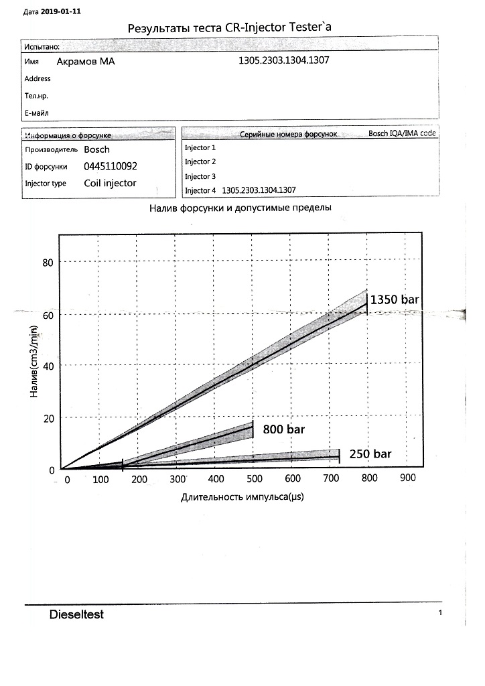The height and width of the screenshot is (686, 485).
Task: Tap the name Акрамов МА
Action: click(85, 61)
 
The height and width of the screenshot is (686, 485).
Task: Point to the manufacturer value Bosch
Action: click(96, 149)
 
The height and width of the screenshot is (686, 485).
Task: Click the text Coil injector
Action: click(110, 183)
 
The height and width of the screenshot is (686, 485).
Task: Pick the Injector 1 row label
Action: click(200, 147)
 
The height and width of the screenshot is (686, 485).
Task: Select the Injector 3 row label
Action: click(200, 176)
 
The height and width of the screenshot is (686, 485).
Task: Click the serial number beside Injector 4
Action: click(259, 190)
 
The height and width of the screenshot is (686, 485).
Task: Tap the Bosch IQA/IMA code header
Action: click(402, 134)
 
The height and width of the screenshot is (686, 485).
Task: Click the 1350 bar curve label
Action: click(395, 299)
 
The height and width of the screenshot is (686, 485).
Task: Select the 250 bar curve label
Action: click(370, 454)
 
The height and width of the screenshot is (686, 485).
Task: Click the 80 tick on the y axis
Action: click(48, 262)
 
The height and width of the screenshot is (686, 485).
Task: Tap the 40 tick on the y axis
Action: click(48, 366)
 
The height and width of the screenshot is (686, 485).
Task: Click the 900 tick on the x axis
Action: click(407, 478)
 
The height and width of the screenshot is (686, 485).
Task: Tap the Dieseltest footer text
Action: click(76, 614)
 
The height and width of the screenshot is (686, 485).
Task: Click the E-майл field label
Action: click(37, 113)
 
